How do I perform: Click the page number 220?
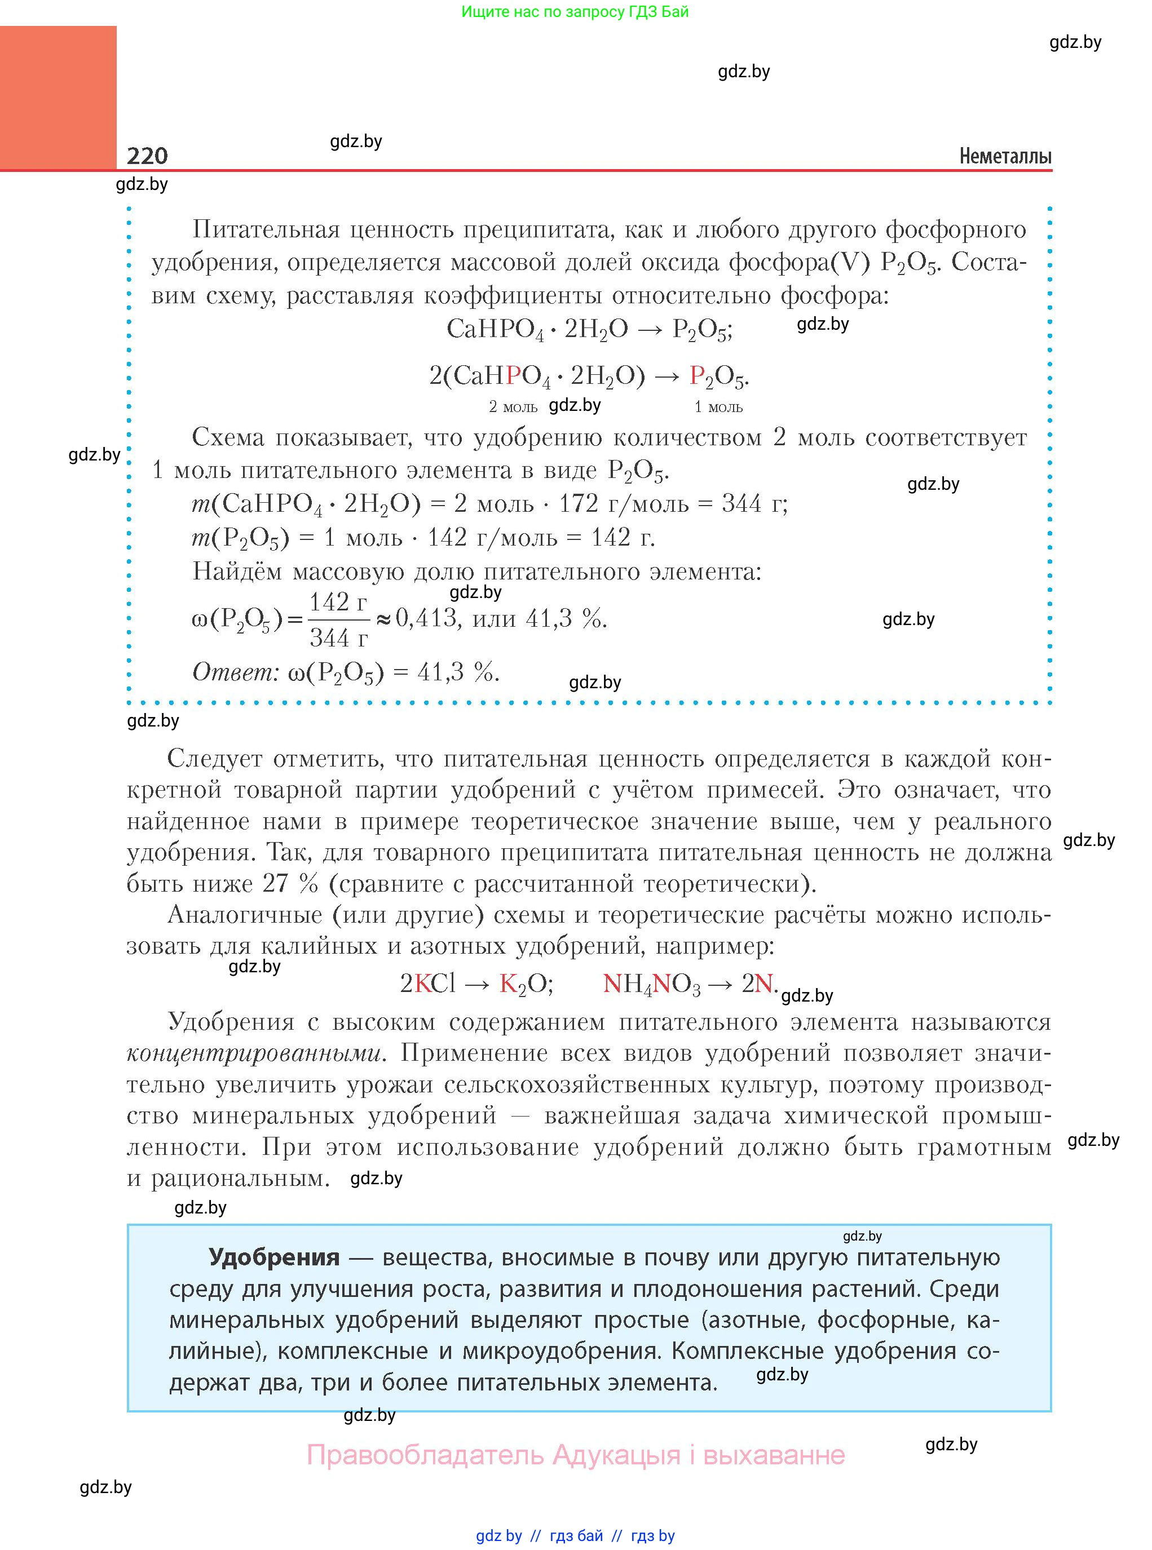coord(147,156)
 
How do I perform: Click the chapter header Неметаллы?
coord(1005,156)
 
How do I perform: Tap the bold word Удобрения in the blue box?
coord(274,1257)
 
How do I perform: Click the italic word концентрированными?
coord(254,1053)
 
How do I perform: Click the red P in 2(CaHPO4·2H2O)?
coord(513,377)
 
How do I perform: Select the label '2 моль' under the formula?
coord(513,407)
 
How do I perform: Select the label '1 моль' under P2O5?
coord(718,407)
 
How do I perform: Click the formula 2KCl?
coord(427,984)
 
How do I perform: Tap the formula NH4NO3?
coord(651,984)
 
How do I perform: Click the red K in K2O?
coord(507,984)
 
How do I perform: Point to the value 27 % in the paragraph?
coord(290,884)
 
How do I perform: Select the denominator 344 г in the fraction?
coord(338,637)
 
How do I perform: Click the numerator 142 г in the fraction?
coord(338,601)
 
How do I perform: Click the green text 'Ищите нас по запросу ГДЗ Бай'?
coord(575,12)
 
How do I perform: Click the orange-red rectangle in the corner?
coord(58,98)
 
